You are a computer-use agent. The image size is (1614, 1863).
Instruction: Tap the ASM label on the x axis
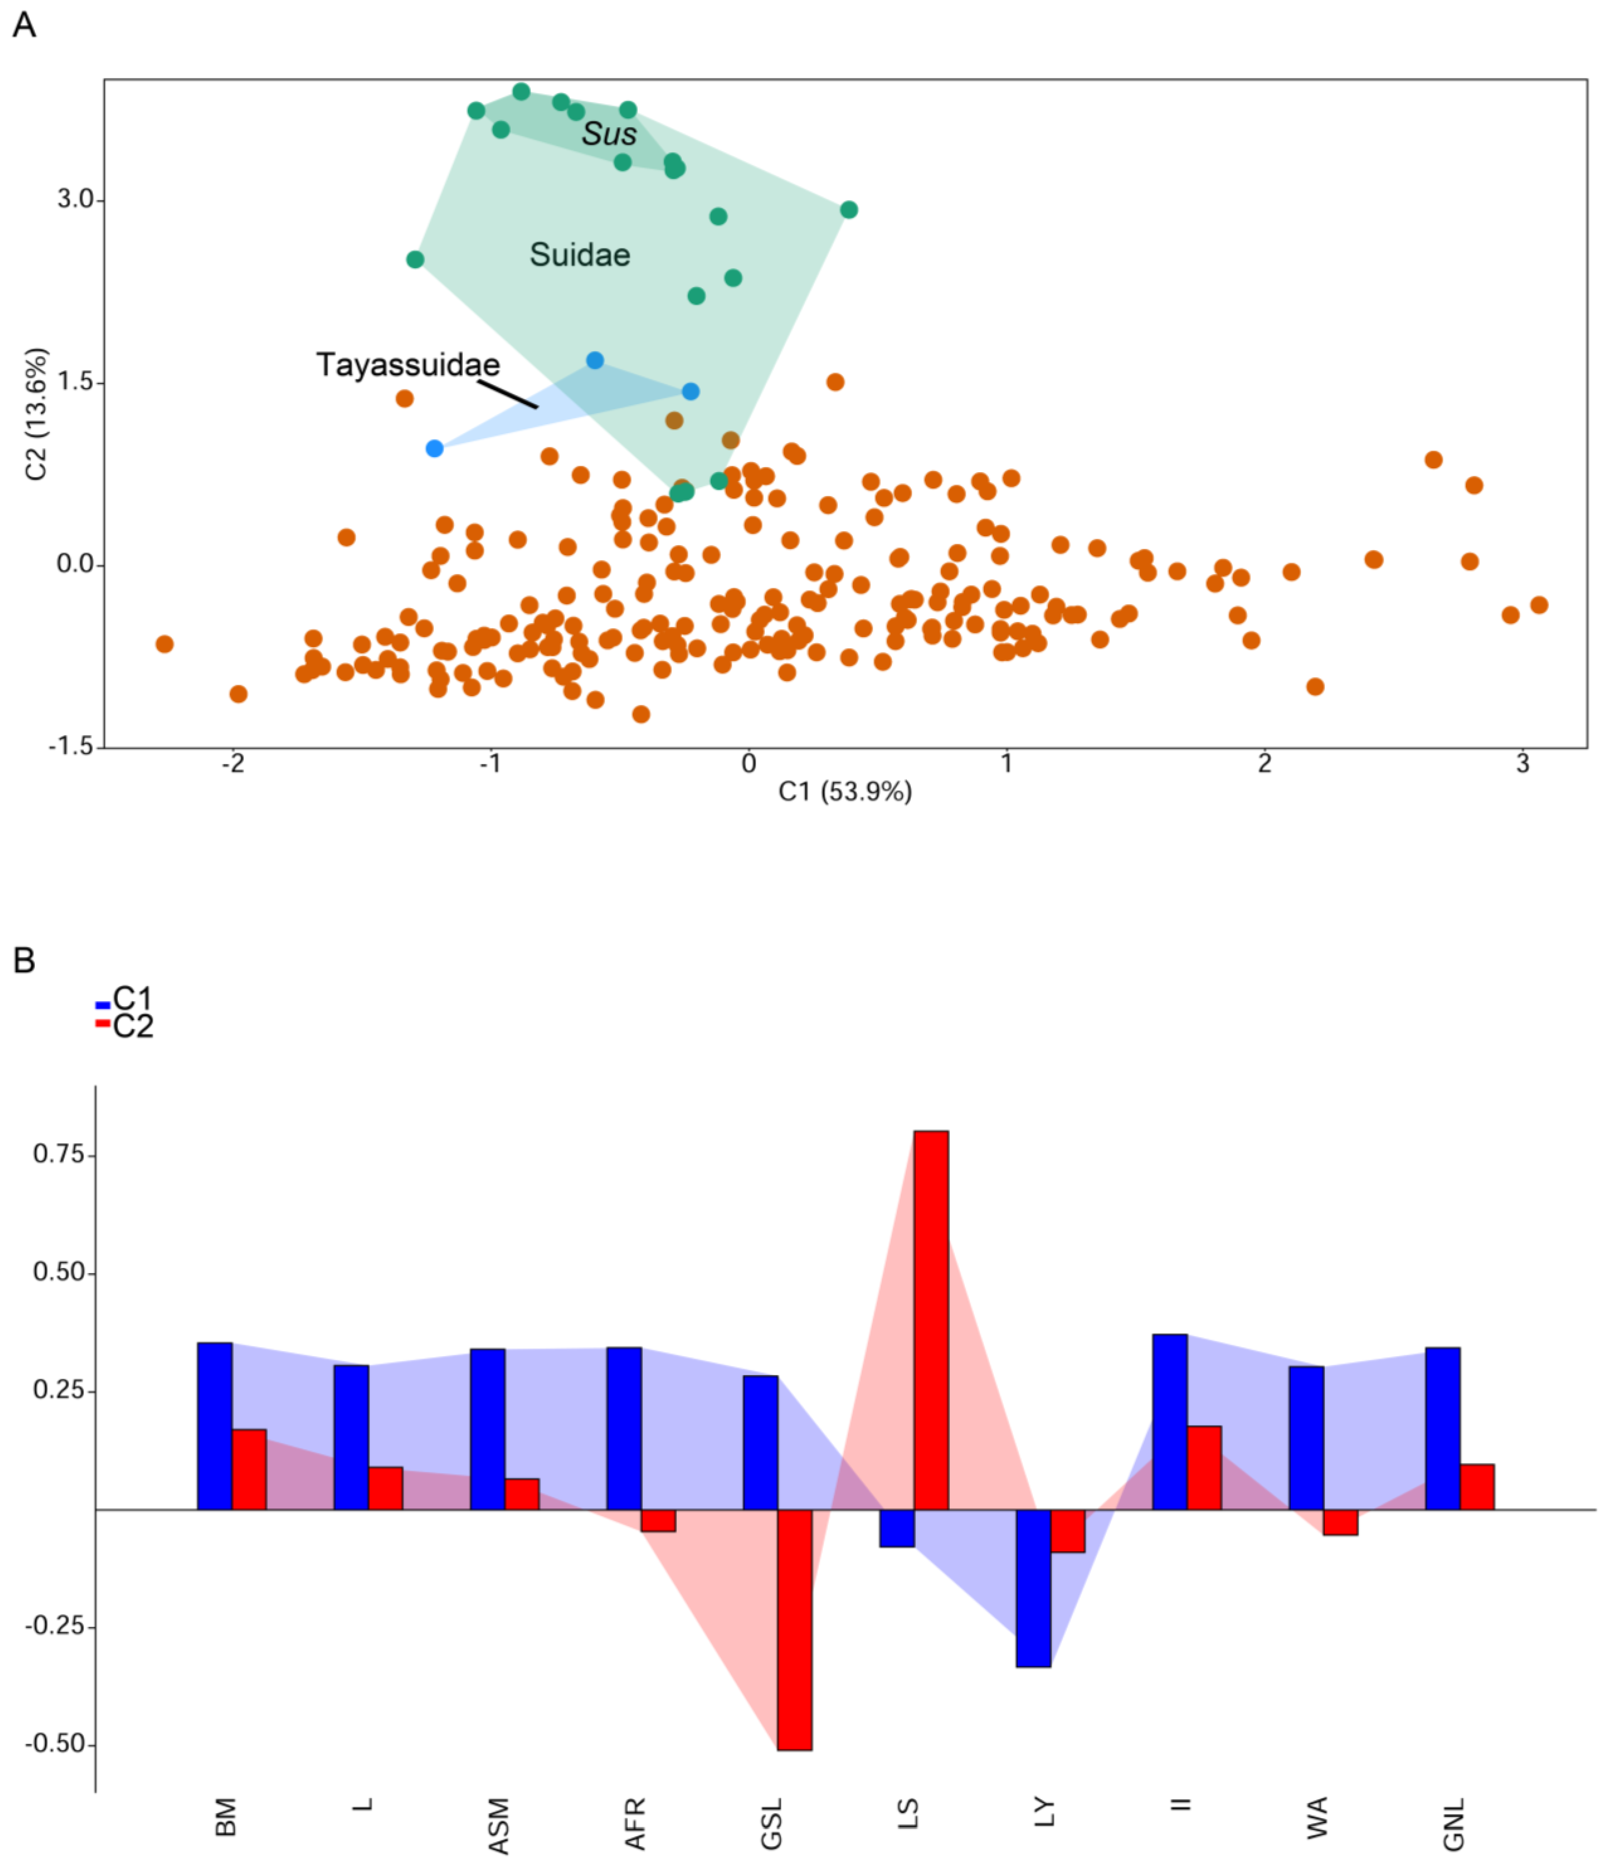point(498,1825)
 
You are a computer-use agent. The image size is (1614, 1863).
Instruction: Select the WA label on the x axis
point(1317,1817)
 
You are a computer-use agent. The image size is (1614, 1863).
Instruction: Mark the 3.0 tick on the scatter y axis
point(75,199)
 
